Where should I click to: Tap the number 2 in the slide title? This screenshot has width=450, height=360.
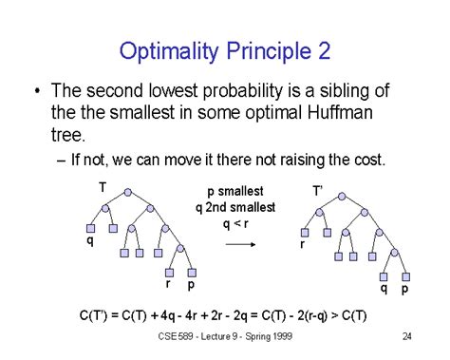coord(323,49)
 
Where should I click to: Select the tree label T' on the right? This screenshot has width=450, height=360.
coord(318,191)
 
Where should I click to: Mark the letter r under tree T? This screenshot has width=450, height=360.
coord(168,282)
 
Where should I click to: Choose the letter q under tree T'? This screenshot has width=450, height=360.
coord(384,286)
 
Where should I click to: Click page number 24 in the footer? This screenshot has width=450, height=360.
coord(406,335)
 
